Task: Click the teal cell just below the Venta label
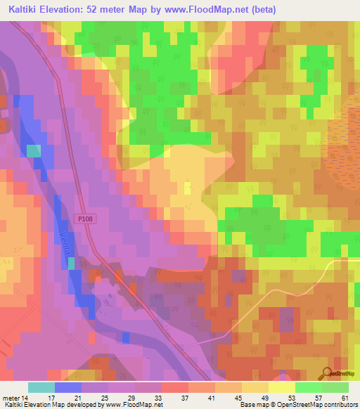(x=71, y=263)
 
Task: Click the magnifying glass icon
(x=326, y=373)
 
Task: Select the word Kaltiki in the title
(x=25, y=10)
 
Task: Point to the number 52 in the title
(x=97, y=10)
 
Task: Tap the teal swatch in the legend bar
(x=41, y=387)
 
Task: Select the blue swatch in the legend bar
(x=68, y=387)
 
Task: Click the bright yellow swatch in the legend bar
(x=282, y=387)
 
